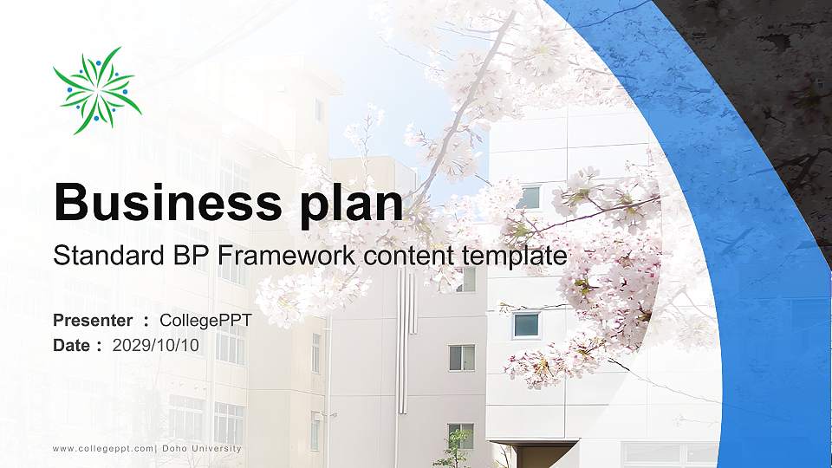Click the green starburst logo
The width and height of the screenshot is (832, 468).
coord(96,90)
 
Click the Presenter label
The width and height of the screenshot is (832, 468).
coord(93,321)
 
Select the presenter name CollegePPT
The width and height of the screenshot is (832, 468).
coord(206,321)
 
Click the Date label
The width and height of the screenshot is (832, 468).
coord(72,345)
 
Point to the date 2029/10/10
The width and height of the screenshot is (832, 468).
coord(156,345)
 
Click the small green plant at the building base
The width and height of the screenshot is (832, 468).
coord(454,451)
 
